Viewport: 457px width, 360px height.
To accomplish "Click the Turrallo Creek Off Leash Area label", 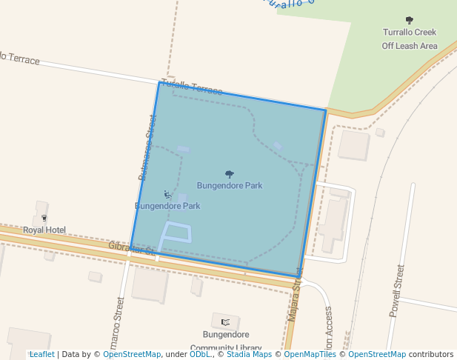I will [x=409, y=39].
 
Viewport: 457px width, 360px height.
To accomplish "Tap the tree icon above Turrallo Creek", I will [x=410, y=20].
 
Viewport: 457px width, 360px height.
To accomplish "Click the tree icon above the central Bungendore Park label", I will [x=230, y=174].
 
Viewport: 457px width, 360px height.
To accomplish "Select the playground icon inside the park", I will [x=167, y=195].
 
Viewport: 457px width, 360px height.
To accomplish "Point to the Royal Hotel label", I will [x=44, y=230].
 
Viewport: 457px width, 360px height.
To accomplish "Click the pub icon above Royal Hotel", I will [x=44, y=218].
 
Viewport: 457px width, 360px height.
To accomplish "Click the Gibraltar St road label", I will [x=132, y=248].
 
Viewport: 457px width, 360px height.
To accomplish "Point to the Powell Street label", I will [x=396, y=290].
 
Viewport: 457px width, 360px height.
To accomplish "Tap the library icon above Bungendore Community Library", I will [x=225, y=321].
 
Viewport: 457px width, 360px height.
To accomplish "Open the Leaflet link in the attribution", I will [x=41, y=354].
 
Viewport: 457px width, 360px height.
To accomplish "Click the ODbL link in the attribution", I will [x=200, y=354].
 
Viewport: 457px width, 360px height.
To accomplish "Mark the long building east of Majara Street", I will [x=335, y=223].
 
